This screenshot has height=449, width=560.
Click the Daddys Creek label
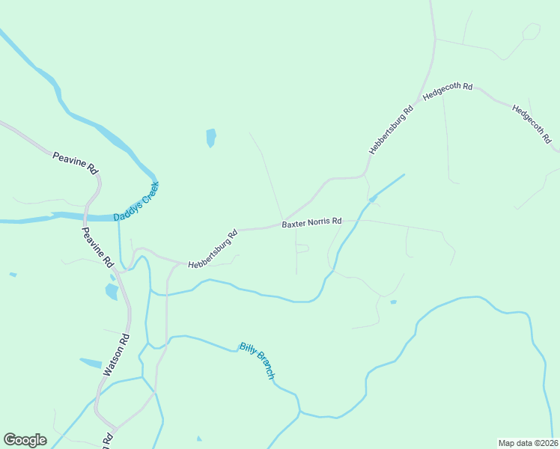(136, 202)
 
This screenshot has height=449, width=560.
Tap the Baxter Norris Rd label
(311, 222)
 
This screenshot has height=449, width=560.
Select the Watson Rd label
(118, 354)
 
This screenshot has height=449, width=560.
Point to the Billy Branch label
(258, 361)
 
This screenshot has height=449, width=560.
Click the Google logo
(25, 439)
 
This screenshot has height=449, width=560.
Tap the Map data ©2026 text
(527, 442)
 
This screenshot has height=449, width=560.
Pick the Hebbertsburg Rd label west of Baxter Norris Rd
(213, 249)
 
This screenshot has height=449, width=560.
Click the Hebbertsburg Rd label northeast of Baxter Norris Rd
(391, 130)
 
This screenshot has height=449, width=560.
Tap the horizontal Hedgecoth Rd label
(448, 91)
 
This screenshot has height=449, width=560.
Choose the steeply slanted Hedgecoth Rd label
(532, 123)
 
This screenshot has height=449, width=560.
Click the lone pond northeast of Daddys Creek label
(211, 138)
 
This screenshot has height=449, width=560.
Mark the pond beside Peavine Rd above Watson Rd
(112, 291)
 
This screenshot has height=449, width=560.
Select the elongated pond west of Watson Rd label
(91, 363)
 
